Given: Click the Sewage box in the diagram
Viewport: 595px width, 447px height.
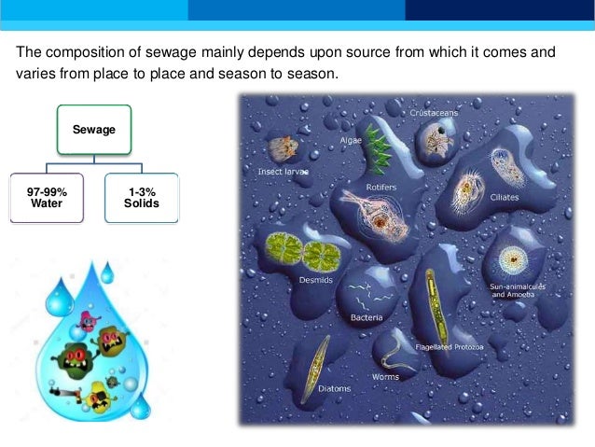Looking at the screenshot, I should click(94, 130).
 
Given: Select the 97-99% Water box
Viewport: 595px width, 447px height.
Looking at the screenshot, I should click(47, 197).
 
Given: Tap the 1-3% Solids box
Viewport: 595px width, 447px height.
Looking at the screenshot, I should click(141, 197).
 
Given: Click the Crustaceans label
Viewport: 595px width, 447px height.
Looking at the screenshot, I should click(433, 113).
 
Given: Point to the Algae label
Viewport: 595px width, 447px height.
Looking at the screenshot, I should click(351, 140).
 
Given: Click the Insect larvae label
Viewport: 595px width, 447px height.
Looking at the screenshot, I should click(283, 172).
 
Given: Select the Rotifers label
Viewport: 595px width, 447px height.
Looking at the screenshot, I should click(381, 187).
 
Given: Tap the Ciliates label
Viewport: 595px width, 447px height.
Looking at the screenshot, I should click(505, 197).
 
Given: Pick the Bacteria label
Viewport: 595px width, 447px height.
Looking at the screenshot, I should click(367, 317).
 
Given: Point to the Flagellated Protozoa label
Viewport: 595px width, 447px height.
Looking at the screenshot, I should click(449, 346).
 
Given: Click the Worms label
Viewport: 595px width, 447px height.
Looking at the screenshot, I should click(385, 377).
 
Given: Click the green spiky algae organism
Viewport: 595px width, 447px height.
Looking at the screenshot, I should click(377, 149).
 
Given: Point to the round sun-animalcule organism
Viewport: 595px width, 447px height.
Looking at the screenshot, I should click(512, 258).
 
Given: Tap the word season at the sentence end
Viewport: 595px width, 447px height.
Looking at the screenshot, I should click(308, 74).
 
